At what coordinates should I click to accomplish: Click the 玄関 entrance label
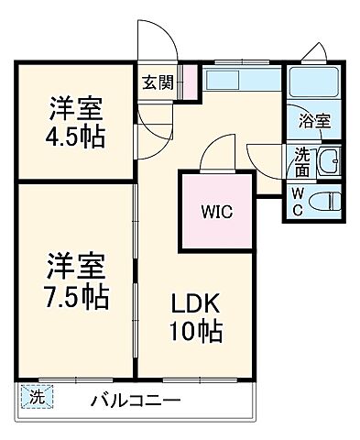point(157,82)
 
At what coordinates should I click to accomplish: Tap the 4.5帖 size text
point(76,137)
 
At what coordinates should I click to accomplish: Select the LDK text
point(195,304)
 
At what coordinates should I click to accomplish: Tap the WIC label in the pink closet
point(217,212)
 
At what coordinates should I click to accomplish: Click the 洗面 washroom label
point(301,164)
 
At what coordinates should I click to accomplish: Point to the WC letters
point(298,201)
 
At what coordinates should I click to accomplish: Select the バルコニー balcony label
point(135,400)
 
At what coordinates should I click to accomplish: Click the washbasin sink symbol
point(327,164)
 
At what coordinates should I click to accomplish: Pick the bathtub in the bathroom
point(314,84)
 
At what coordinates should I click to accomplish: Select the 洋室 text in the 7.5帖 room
point(78,267)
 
